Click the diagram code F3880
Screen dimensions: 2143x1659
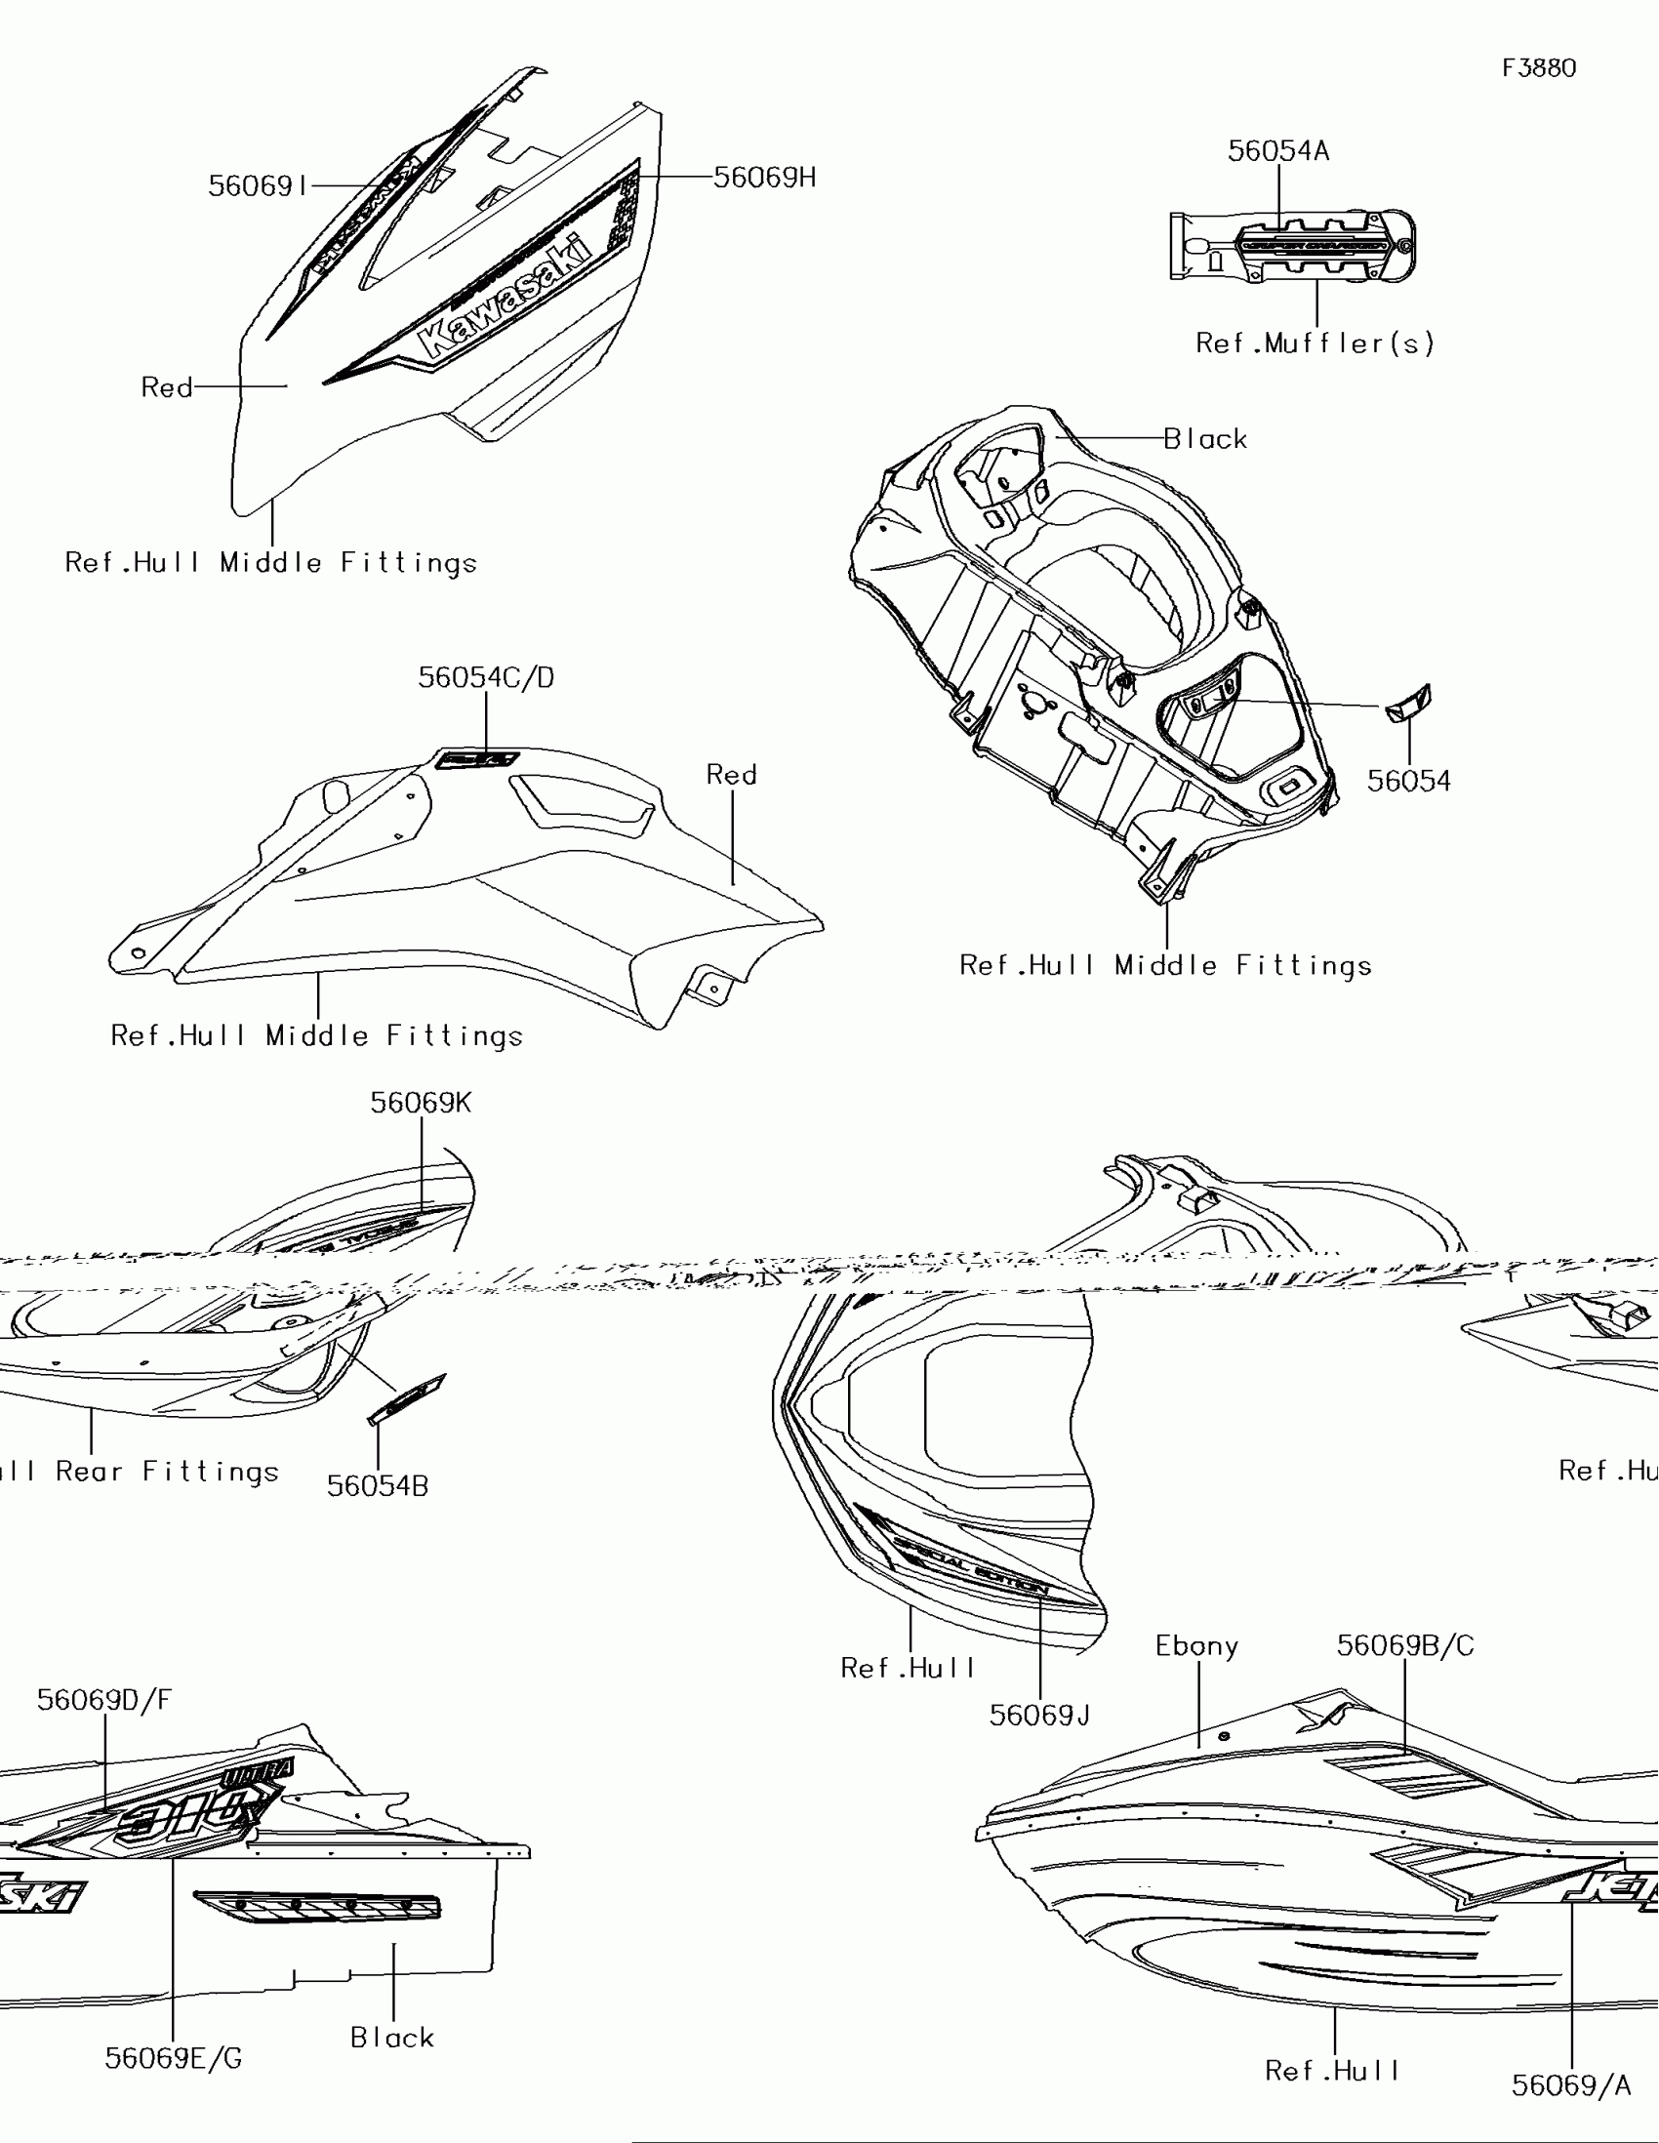click(1538, 67)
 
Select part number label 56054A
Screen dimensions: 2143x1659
click(1278, 151)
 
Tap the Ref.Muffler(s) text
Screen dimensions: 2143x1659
click(1315, 344)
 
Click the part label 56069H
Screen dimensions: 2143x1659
click(764, 178)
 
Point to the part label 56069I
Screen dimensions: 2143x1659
click(258, 185)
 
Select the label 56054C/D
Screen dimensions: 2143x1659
click(486, 677)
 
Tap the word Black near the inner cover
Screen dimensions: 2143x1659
click(1205, 438)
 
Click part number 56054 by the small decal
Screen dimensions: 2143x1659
click(1409, 781)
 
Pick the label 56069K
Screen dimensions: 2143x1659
click(420, 1103)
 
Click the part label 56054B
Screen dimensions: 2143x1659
click(378, 1486)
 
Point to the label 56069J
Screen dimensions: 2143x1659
click(1039, 1716)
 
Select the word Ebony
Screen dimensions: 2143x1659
click(1195, 1646)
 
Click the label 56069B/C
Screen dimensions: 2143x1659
click(1405, 1645)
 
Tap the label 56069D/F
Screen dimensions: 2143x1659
click(104, 1701)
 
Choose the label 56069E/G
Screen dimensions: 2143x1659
click(173, 2059)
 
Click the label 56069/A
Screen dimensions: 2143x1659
click(1571, 2085)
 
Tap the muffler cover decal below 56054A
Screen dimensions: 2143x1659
click(1313, 245)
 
